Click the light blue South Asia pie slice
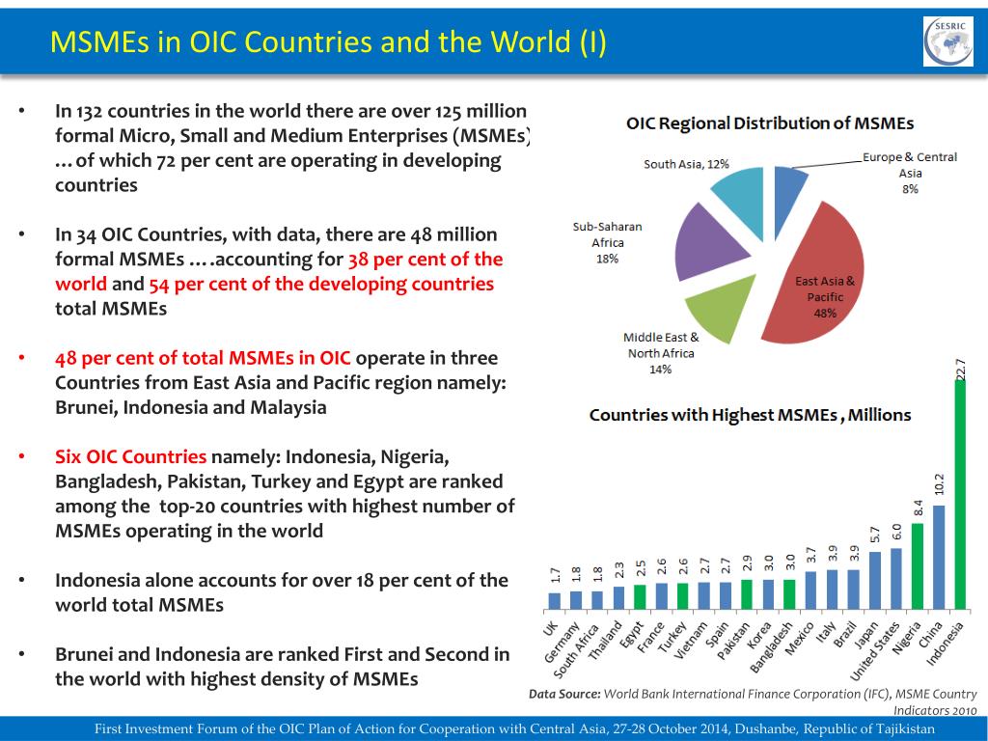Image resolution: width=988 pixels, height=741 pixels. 739,194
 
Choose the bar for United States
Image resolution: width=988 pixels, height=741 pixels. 896,578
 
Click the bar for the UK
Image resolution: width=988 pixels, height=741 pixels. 555,600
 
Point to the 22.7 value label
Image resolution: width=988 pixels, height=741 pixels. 960,369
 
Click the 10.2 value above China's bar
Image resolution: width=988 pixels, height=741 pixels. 939,487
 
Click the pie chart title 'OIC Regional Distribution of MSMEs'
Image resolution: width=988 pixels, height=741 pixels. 770,123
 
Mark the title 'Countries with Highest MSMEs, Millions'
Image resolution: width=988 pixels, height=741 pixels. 750,415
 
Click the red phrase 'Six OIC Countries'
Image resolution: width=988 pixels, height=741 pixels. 130,456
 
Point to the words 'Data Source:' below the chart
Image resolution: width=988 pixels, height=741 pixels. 564,694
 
